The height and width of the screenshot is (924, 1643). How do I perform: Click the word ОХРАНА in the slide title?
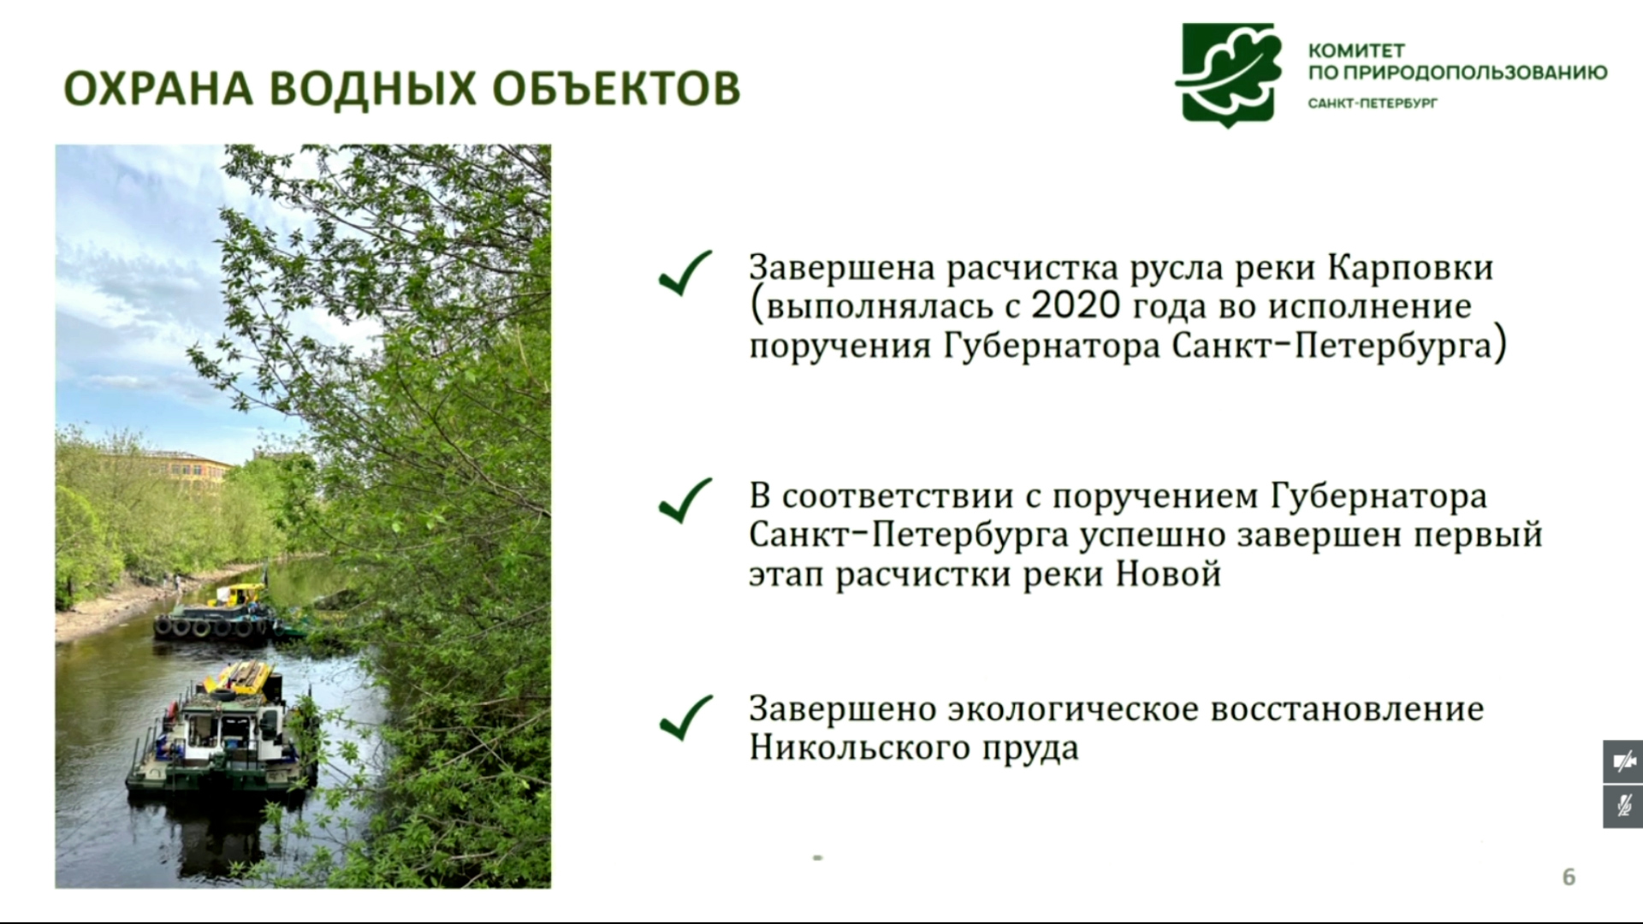(158, 89)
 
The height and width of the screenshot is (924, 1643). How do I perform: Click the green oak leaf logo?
(1229, 75)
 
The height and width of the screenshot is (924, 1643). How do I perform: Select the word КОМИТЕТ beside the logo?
(1356, 50)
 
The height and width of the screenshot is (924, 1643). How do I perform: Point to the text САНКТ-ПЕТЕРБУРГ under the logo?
(1373, 104)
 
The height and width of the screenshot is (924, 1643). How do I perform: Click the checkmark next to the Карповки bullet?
(685, 273)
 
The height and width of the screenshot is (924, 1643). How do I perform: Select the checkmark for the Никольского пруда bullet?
(685, 717)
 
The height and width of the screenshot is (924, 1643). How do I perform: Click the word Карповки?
(1411, 268)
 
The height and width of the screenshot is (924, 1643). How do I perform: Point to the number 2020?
(1075, 306)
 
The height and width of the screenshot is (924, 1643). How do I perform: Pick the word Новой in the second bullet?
(1169, 574)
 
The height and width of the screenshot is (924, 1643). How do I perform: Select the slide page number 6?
(1569, 877)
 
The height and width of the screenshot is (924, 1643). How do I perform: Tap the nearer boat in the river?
(221, 731)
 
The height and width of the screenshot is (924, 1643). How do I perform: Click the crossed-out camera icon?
(1623, 761)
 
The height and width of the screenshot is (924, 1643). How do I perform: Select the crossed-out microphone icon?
(1623, 807)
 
